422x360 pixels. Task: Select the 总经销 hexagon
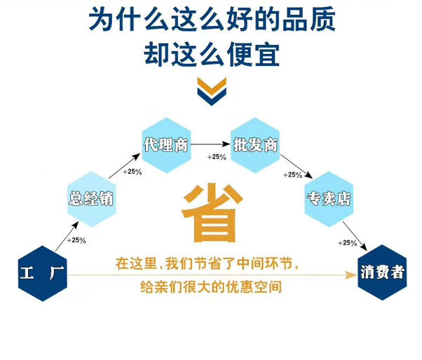coord(90,198)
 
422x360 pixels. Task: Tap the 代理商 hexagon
coord(165,145)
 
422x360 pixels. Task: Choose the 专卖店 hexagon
coord(327,198)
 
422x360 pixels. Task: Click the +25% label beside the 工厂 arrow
coord(76,241)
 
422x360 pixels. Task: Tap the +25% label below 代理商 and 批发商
coord(217,157)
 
